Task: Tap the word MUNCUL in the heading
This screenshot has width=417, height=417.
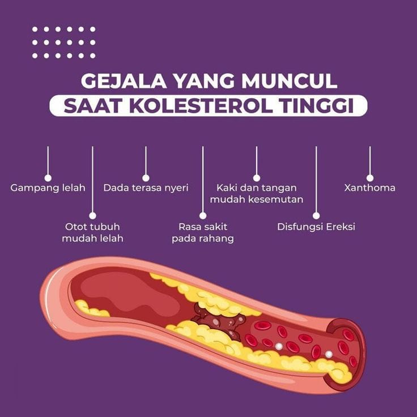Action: tap(290, 81)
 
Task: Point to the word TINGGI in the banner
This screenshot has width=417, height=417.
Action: tap(317, 106)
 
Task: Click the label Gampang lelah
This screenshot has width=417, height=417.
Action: tap(48, 188)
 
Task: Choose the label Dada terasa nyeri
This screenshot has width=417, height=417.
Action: tap(146, 188)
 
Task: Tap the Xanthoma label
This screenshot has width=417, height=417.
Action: tap(369, 188)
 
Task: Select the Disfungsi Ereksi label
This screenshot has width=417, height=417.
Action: tap(316, 227)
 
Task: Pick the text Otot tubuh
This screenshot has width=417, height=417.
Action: tap(92, 227)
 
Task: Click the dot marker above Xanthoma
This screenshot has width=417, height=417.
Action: tap(370, 178)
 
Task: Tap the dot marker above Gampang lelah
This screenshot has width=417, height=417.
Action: tap(48, 178)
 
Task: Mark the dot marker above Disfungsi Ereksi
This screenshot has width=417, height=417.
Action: tap(316, 215)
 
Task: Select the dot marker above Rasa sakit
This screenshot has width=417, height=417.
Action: tap(203, 215)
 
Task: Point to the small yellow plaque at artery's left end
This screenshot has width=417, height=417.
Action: tap(91, 308)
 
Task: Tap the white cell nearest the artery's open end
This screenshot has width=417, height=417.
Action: tap(329, 354)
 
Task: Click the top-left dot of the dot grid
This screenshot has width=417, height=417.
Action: tap(35, 29)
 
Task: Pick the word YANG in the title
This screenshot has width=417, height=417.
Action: tap(204, 81)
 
